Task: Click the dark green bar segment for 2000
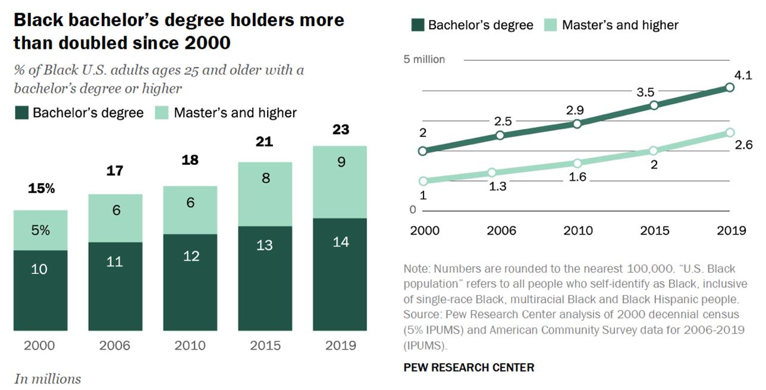[40, 290]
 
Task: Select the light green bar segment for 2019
[341, 182]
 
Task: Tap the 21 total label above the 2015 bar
[265, 142]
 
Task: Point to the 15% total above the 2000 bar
[41, 189]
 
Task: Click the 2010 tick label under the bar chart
[190, 346]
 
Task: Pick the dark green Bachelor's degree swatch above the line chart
[417, 25]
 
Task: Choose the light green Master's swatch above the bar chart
[161, 113]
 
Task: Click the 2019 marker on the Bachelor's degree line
[730, 88]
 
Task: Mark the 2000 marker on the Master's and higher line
[423, 181]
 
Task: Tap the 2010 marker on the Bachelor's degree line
[577, 123]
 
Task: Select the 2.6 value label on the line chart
[743, 145]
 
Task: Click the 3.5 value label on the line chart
[645, 92]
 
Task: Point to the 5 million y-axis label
[424, 60]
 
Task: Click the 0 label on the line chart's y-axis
[413, 210]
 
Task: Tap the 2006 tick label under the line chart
[501, 231]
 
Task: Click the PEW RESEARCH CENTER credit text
[469, 367]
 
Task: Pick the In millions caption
[48, 379]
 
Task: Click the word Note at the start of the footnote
[416, 269]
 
